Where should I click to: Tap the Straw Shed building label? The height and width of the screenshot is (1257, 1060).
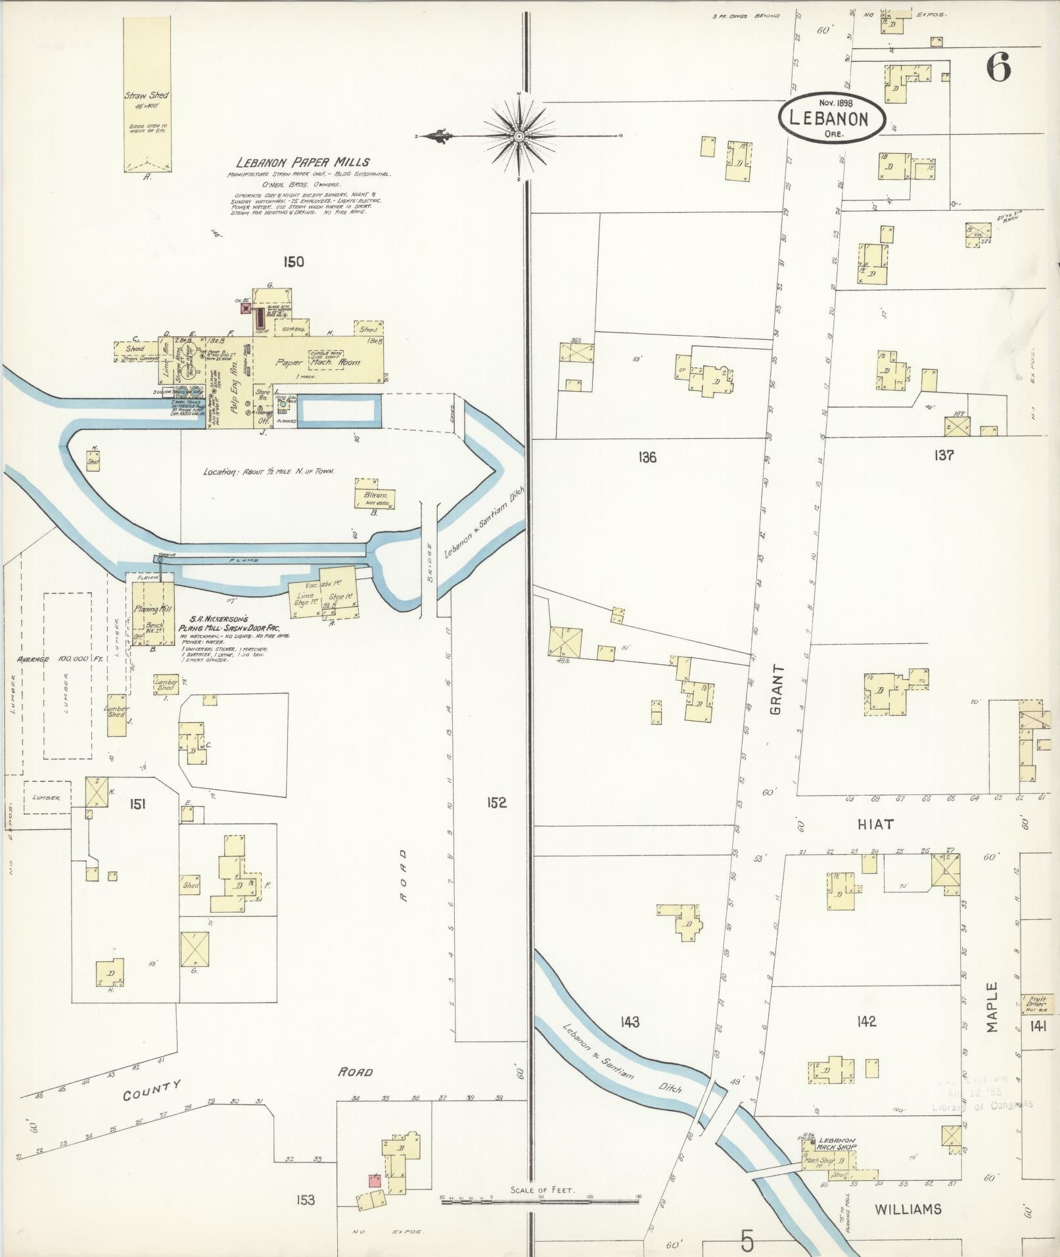pos(147,96)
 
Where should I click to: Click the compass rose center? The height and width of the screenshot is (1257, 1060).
pos(518,136)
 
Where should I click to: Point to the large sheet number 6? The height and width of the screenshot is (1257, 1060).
pos(997,67)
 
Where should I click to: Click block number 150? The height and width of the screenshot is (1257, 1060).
pos(293,262)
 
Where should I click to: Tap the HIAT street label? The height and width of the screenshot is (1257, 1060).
pos(876,824)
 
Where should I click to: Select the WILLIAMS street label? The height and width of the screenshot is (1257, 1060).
pos(908,1208)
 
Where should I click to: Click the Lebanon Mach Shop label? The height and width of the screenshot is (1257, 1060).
pos(837,1143)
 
